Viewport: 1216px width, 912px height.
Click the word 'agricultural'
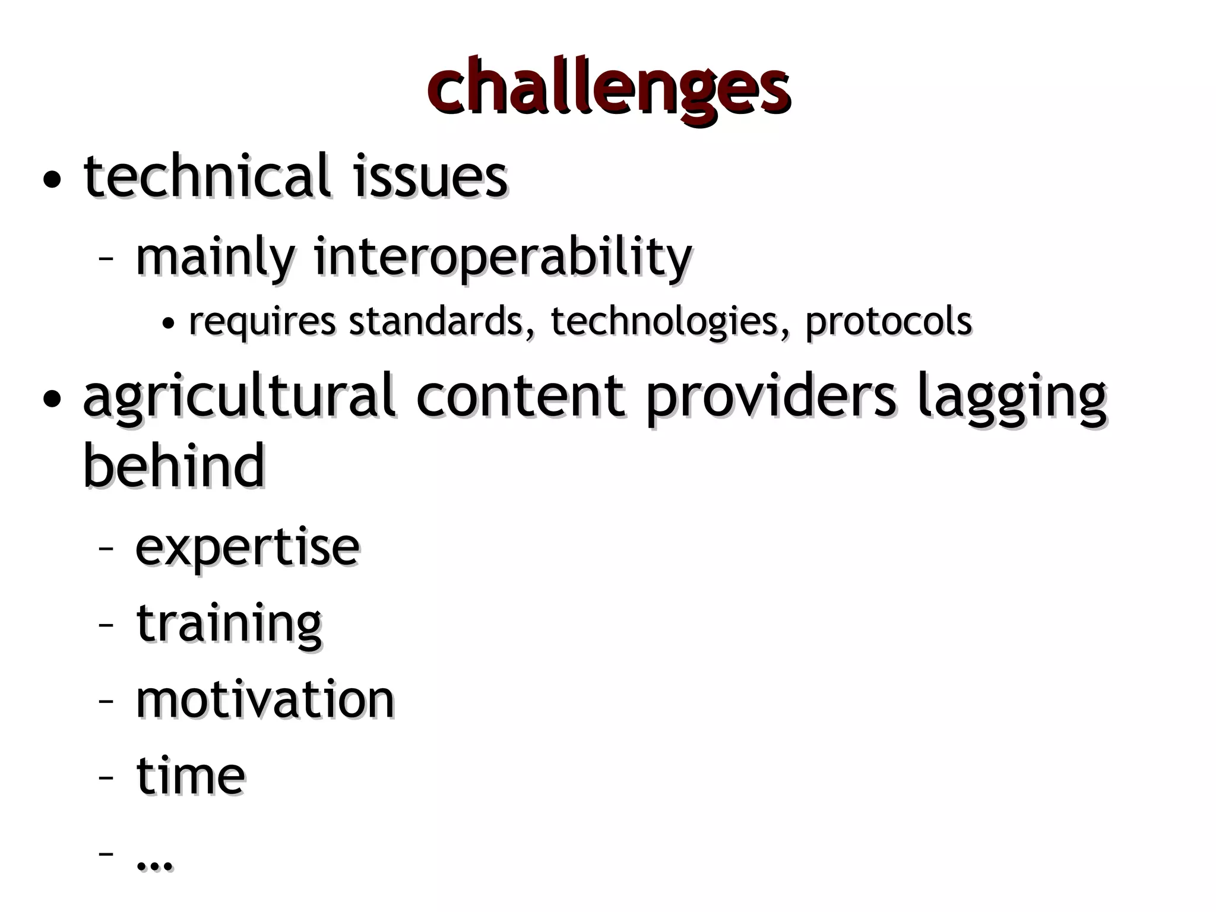coord(239,397)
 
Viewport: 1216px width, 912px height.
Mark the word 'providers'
coord(771,397)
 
